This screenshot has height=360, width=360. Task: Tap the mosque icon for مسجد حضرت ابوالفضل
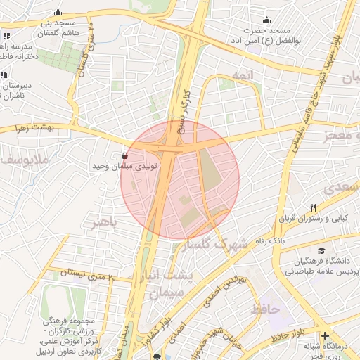[266, 20]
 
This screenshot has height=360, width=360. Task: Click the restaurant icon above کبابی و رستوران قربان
[314, 207]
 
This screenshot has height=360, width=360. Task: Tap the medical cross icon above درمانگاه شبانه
[324, 335]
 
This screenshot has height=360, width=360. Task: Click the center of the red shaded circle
[180, 180]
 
